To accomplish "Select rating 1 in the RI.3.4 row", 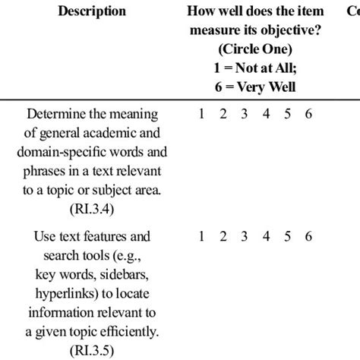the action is (x=201, y=115).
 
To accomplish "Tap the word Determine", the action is (x=62, y=115).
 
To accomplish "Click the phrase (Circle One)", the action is (x=254, y=49).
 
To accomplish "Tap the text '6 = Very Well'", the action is (x=254, y=87).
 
